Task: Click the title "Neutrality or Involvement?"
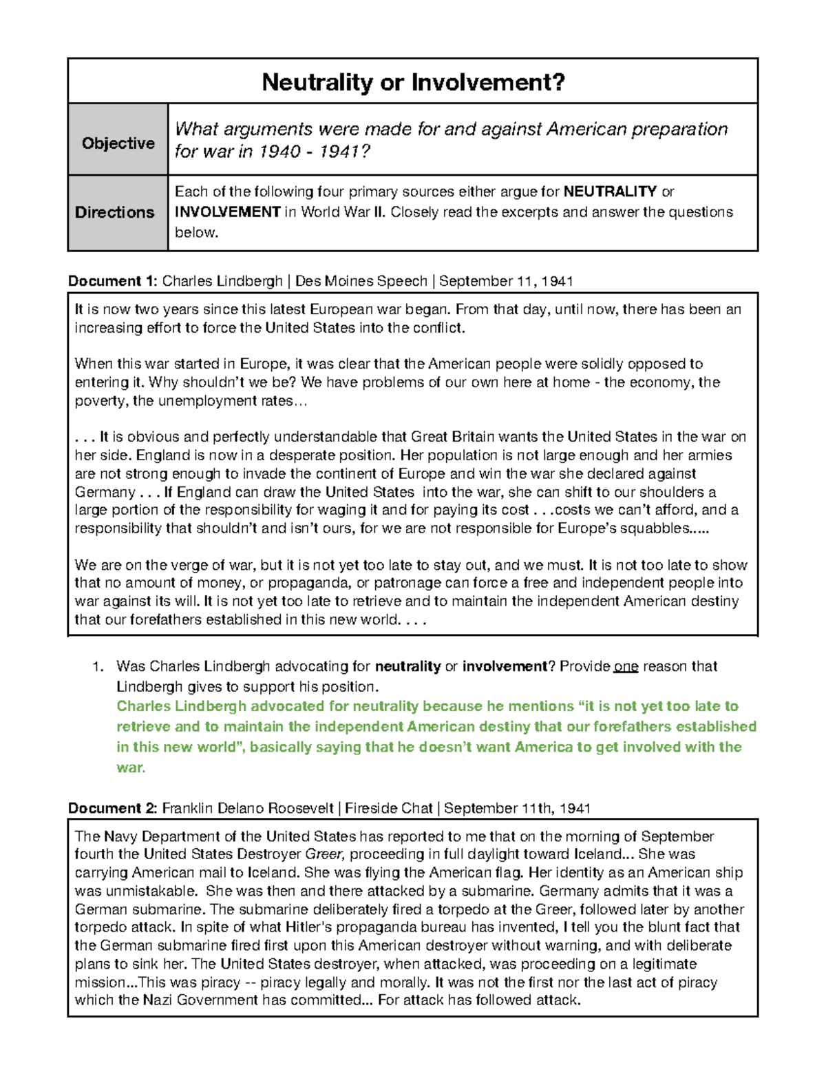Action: click(x=413, y=83)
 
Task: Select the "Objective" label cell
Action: click(x=118, y=143)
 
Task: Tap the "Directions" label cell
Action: click(x=114, y=212)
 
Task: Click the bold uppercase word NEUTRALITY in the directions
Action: click(x=610, y=192)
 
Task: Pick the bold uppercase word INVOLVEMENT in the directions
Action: click(x=227, y=212)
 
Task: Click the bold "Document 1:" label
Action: click(x=113, y=281)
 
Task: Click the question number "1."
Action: click(x=98, y=666)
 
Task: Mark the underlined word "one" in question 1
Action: click(x=626, y=666)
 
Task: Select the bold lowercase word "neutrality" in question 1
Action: click(x=407, y=666)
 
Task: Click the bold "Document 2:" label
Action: click(x=113, y=808)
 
